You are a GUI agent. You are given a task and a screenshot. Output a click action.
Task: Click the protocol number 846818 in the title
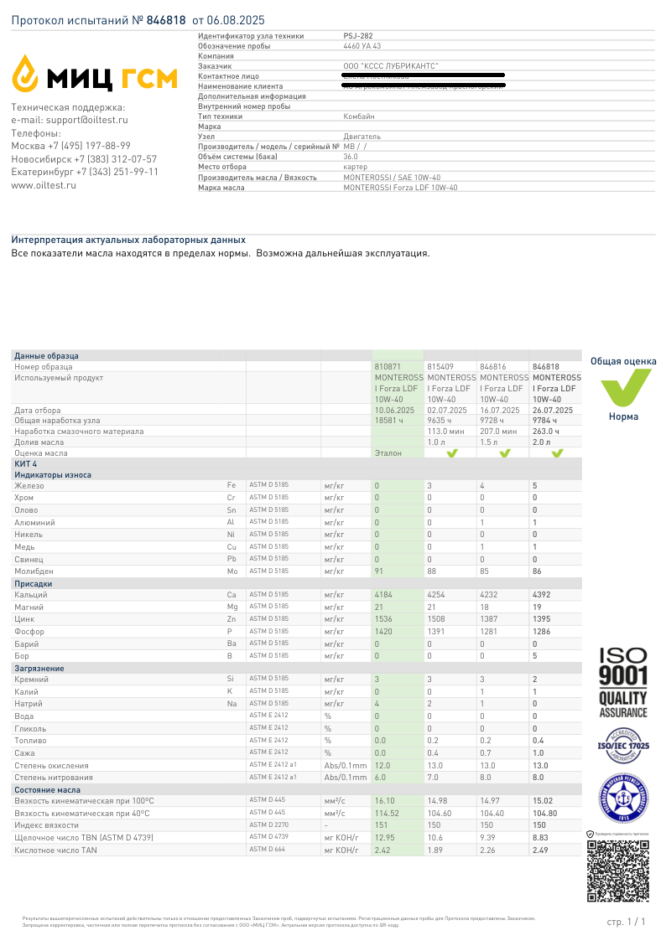click(x=166, y=19)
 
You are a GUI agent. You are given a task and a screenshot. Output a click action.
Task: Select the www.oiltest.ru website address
click(x=44, y=185)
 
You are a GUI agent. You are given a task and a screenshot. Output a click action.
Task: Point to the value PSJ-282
click(x=358, y=36)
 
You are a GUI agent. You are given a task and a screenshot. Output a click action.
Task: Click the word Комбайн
click(x=359, y=116)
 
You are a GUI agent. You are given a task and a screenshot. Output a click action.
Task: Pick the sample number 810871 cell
click(x=388, y=367)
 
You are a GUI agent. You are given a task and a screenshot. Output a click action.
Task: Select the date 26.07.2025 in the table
click(x=553, y=411)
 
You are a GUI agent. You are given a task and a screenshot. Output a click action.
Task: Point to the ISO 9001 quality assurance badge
click(x=622, y=682)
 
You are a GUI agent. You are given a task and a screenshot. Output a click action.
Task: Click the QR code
click(x=618, y=871)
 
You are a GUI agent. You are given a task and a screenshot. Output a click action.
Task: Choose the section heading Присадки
click(x=33, y=583)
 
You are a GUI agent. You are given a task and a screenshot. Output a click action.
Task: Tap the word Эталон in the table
click(x=388, y=453)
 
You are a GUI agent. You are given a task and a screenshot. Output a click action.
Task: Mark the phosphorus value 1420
click(x=383, y=631)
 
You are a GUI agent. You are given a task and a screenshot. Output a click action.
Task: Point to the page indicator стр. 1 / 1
click(x=626, y=922)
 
